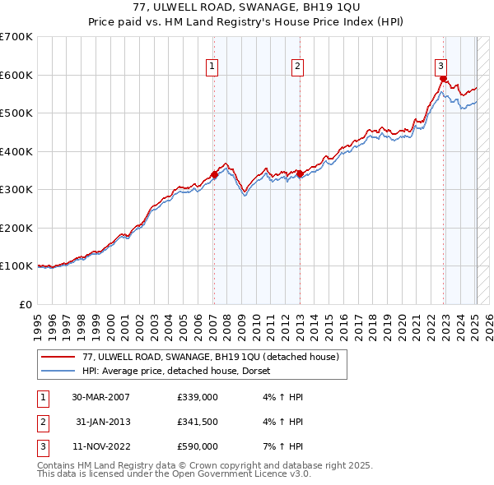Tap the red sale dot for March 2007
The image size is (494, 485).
214,174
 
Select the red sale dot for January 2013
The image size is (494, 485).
300,173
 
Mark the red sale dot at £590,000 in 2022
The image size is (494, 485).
443,79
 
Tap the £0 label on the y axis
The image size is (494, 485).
25,304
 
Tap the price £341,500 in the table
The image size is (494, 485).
198,422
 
